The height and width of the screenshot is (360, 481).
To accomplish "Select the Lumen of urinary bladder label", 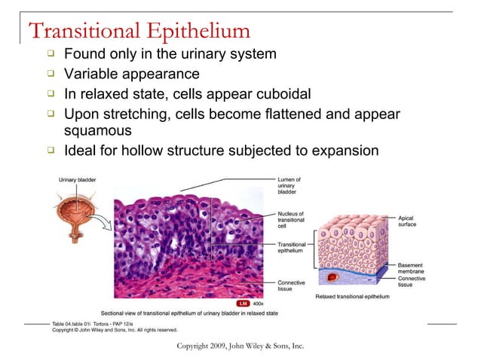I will pyautogui.click(x=290, y=185).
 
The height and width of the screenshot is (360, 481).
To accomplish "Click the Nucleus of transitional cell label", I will pyautogui.click(x=291, y=218).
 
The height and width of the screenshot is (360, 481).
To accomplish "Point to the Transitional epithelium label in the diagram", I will pyautogui.click(x=292, y=248).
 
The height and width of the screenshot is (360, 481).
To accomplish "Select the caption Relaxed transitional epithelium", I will pyautogui.click(x=352, y=297).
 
